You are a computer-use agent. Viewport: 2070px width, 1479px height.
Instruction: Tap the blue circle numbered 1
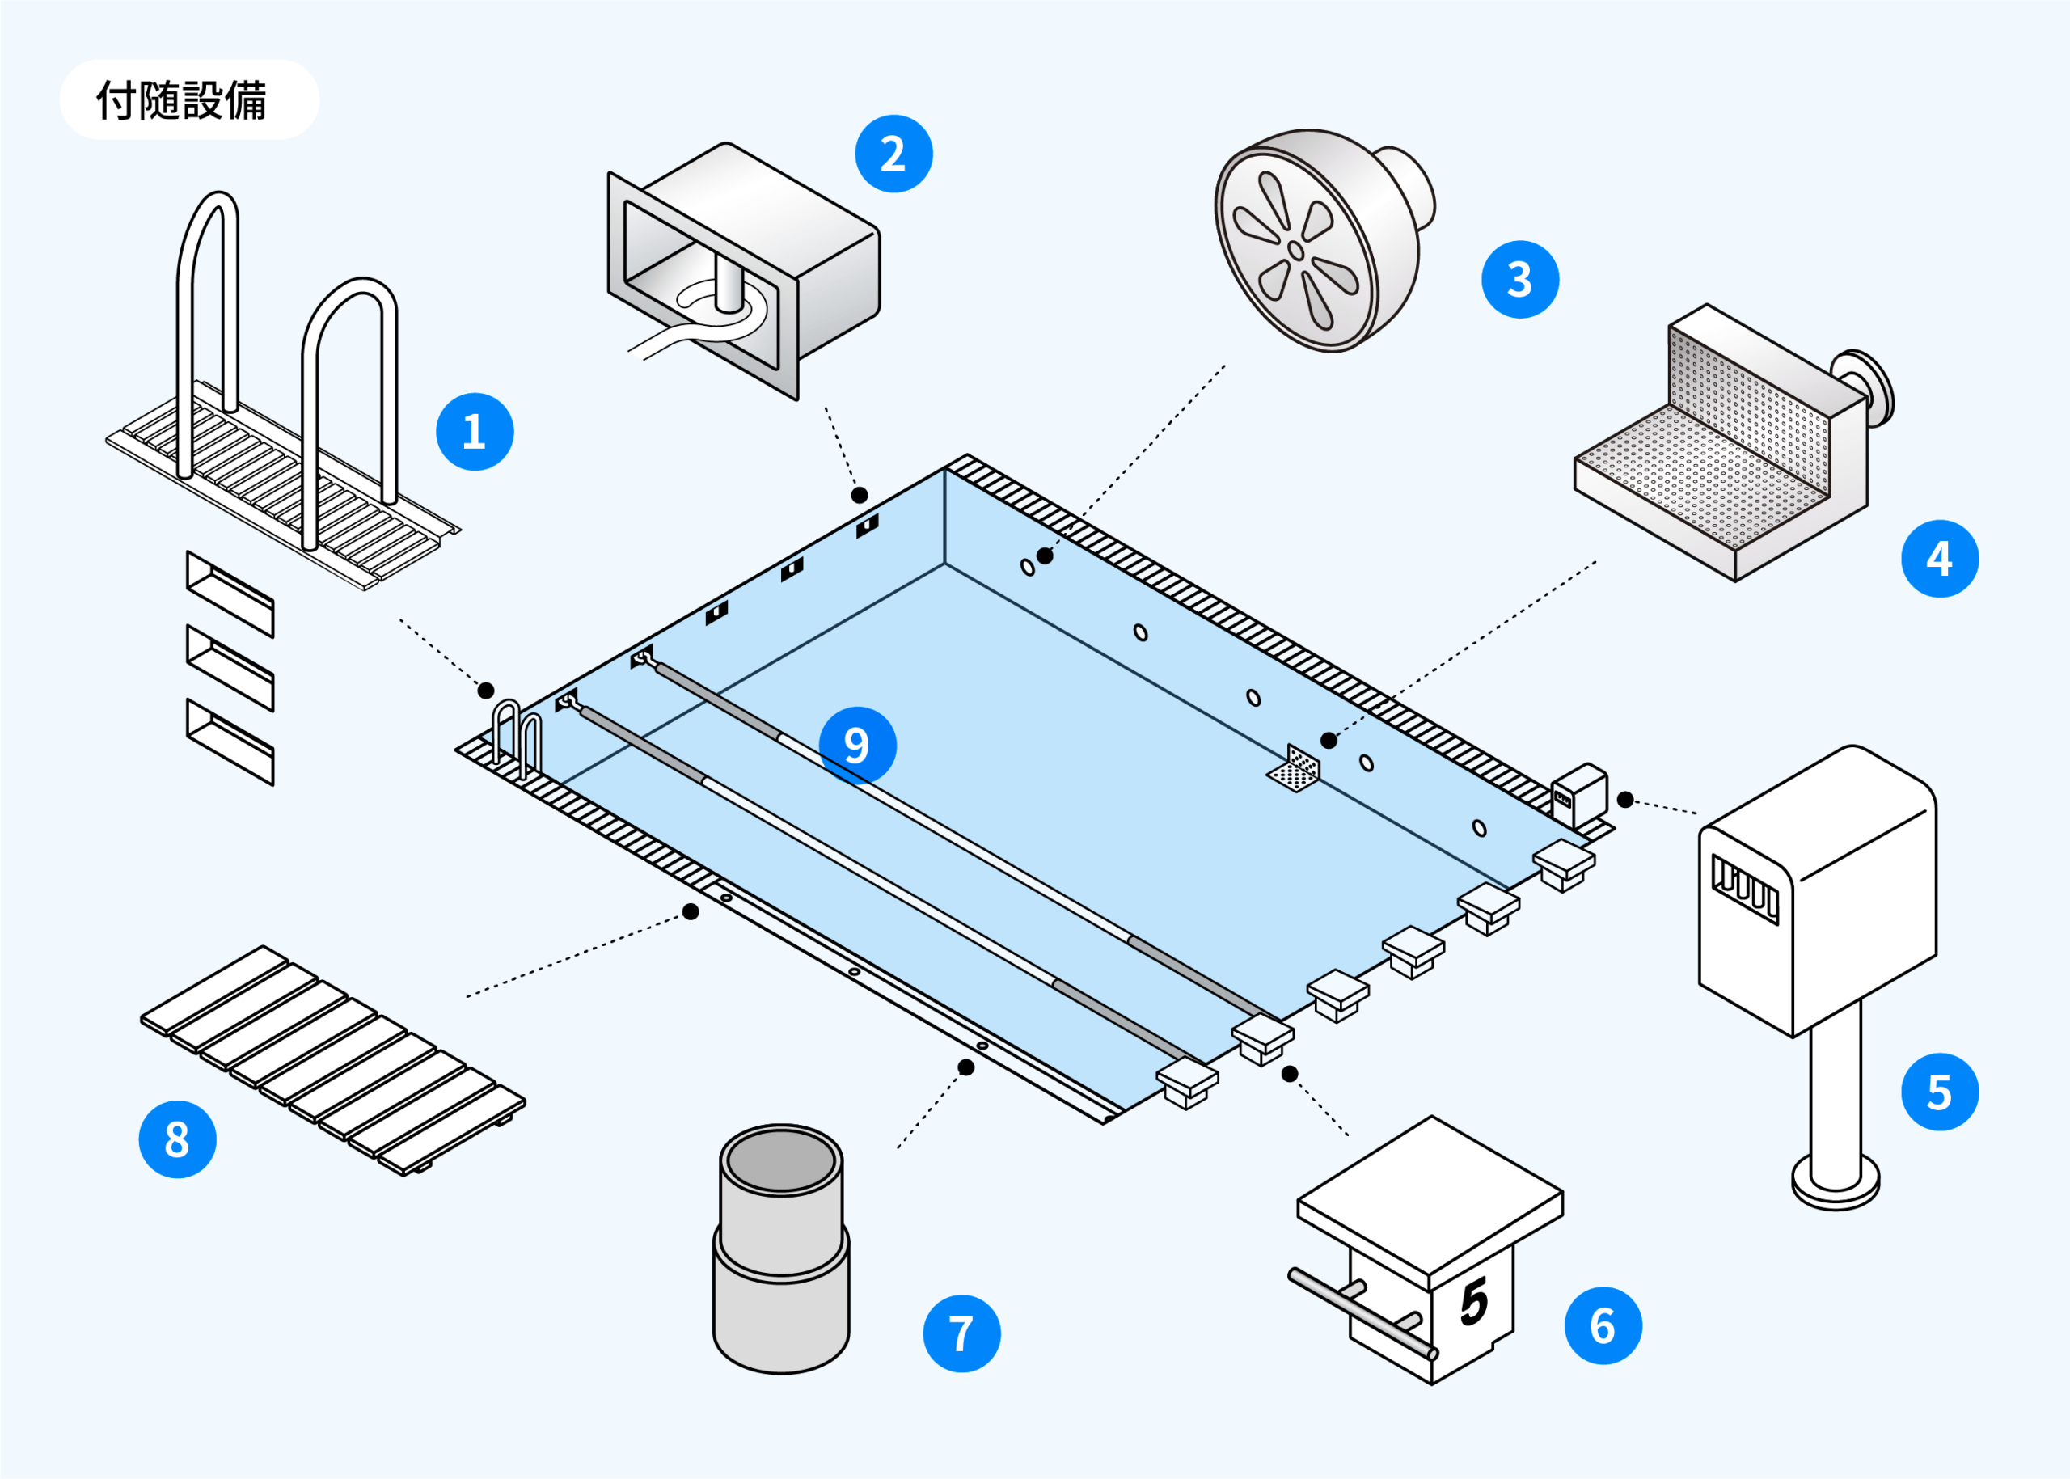[475, 432]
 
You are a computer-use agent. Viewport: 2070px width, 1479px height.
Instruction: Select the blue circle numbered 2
[893, 154]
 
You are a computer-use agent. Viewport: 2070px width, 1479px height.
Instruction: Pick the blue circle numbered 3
[1520, 280]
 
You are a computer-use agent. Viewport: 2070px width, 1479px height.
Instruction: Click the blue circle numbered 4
[1939, 558]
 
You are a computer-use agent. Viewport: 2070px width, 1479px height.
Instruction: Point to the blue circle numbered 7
[961, 1333]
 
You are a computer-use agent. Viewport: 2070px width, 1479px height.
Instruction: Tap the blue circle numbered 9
[857, 745]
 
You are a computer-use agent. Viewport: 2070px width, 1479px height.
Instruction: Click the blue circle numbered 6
[1603, 1326]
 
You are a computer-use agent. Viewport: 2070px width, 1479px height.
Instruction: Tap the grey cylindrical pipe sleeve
[780, 1249]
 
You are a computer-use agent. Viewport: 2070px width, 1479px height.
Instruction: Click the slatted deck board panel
[332, 1062]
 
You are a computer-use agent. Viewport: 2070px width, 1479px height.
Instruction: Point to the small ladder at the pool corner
[517, 735]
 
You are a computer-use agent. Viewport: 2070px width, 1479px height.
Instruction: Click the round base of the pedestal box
[1835, 1184]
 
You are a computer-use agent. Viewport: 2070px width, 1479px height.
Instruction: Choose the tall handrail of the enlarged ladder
[208, 310]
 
